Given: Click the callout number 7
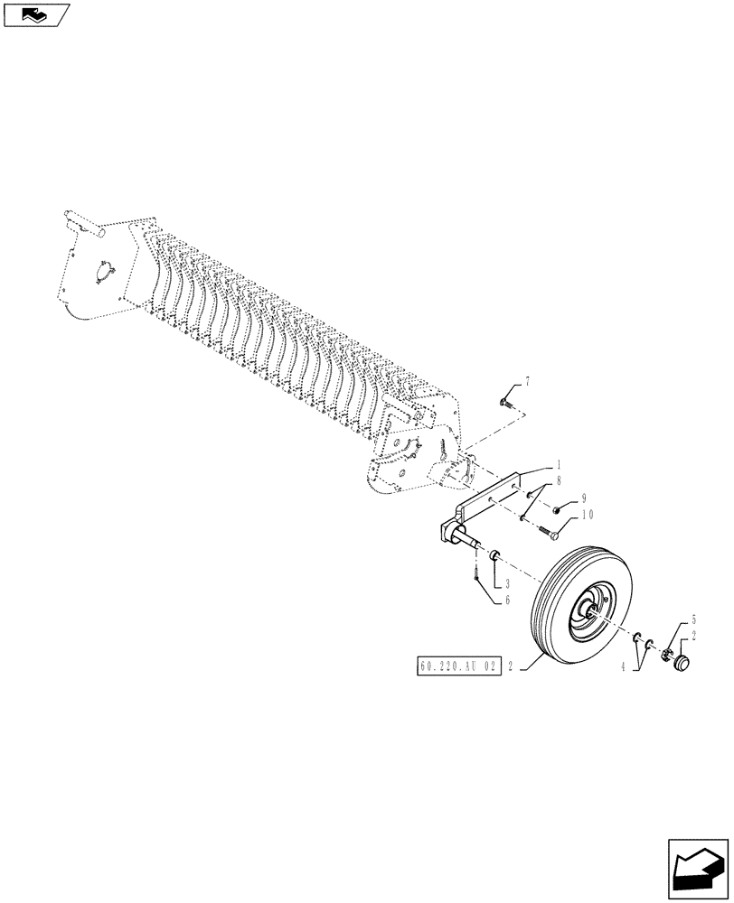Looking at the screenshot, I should coord(527,383).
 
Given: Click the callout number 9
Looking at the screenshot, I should coord(584,498).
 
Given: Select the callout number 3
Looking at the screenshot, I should coord(508,582).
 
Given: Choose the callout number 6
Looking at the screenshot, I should coord(508,599).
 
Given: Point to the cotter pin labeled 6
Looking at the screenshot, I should coord(475,573).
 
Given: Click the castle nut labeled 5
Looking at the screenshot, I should coord(671,651).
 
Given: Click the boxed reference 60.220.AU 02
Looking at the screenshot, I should coord(458,667).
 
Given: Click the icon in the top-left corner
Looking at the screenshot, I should coord(36,14).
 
